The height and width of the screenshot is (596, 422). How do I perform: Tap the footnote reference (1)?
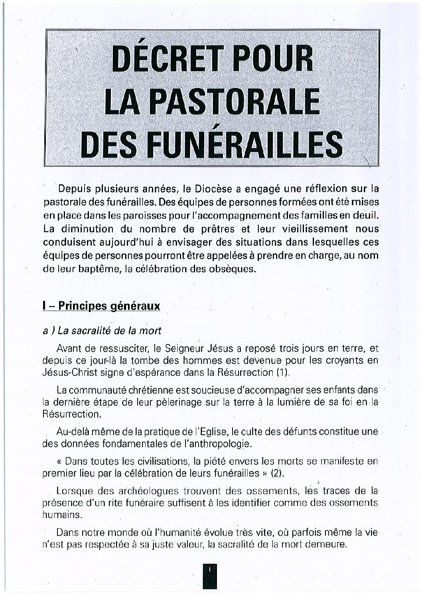coord(281,373)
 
